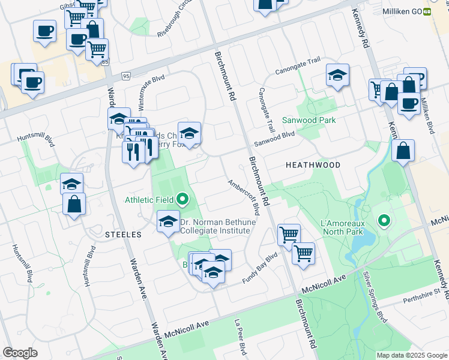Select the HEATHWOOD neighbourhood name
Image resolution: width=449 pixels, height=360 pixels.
[313, 165]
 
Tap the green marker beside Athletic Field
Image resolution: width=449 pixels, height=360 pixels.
[184, 199]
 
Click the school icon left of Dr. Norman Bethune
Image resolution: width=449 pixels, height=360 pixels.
[168, 221]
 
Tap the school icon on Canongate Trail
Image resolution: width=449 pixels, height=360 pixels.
[338, 75]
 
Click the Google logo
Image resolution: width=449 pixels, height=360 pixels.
[20, 353]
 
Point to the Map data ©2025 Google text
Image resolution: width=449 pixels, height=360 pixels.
[412, 355]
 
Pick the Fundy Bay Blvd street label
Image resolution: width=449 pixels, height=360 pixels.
[260, 268]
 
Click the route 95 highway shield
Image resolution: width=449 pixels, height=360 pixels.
[125, 76]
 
